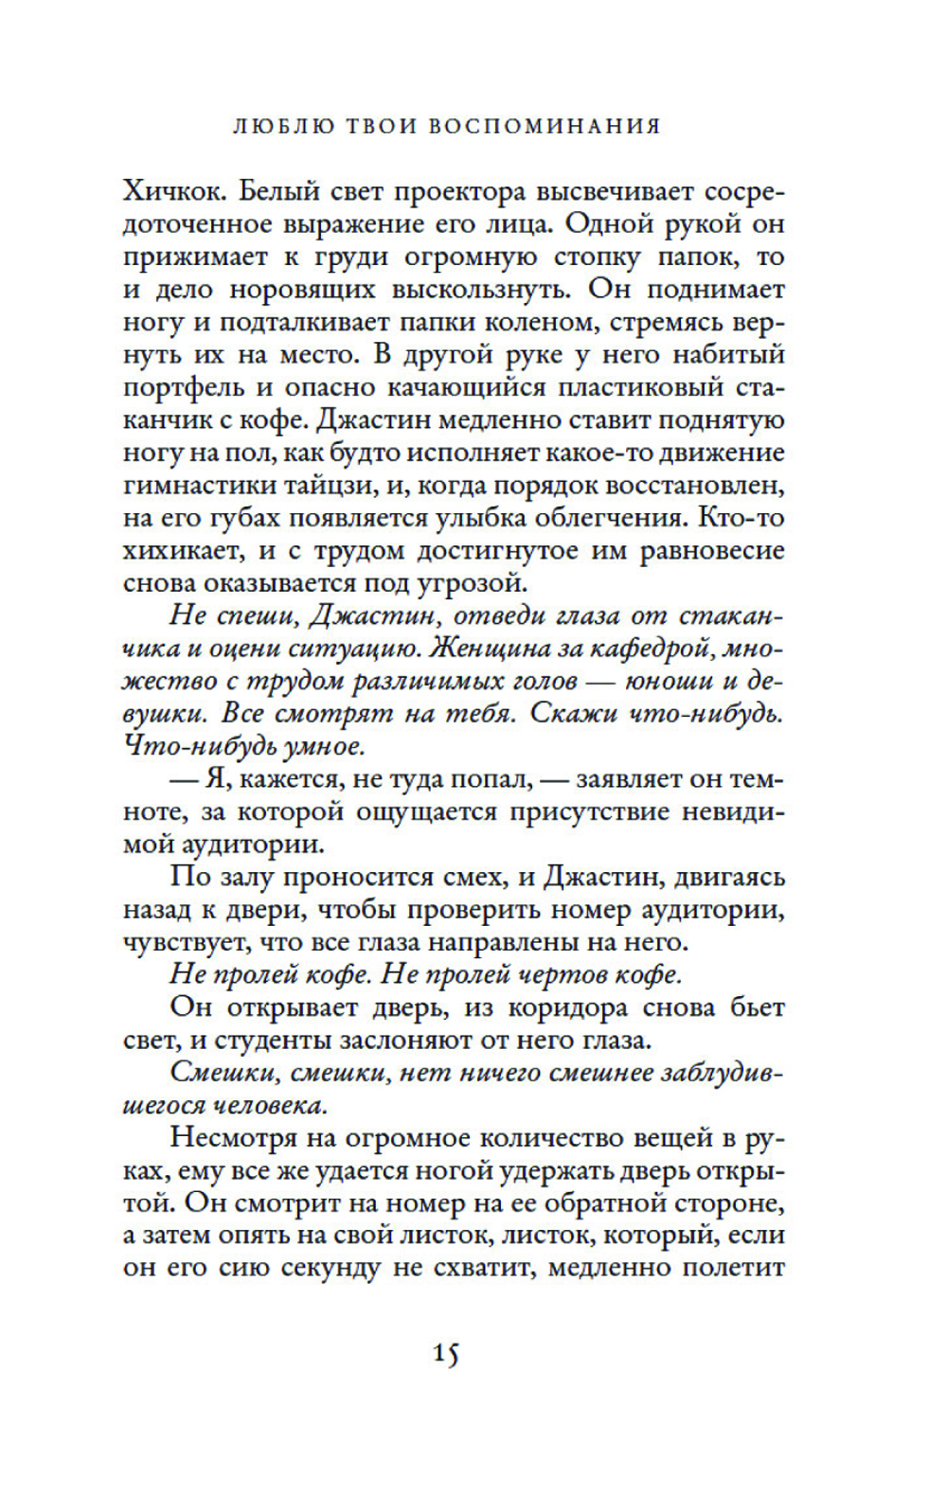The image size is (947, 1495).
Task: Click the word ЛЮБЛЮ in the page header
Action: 283,126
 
